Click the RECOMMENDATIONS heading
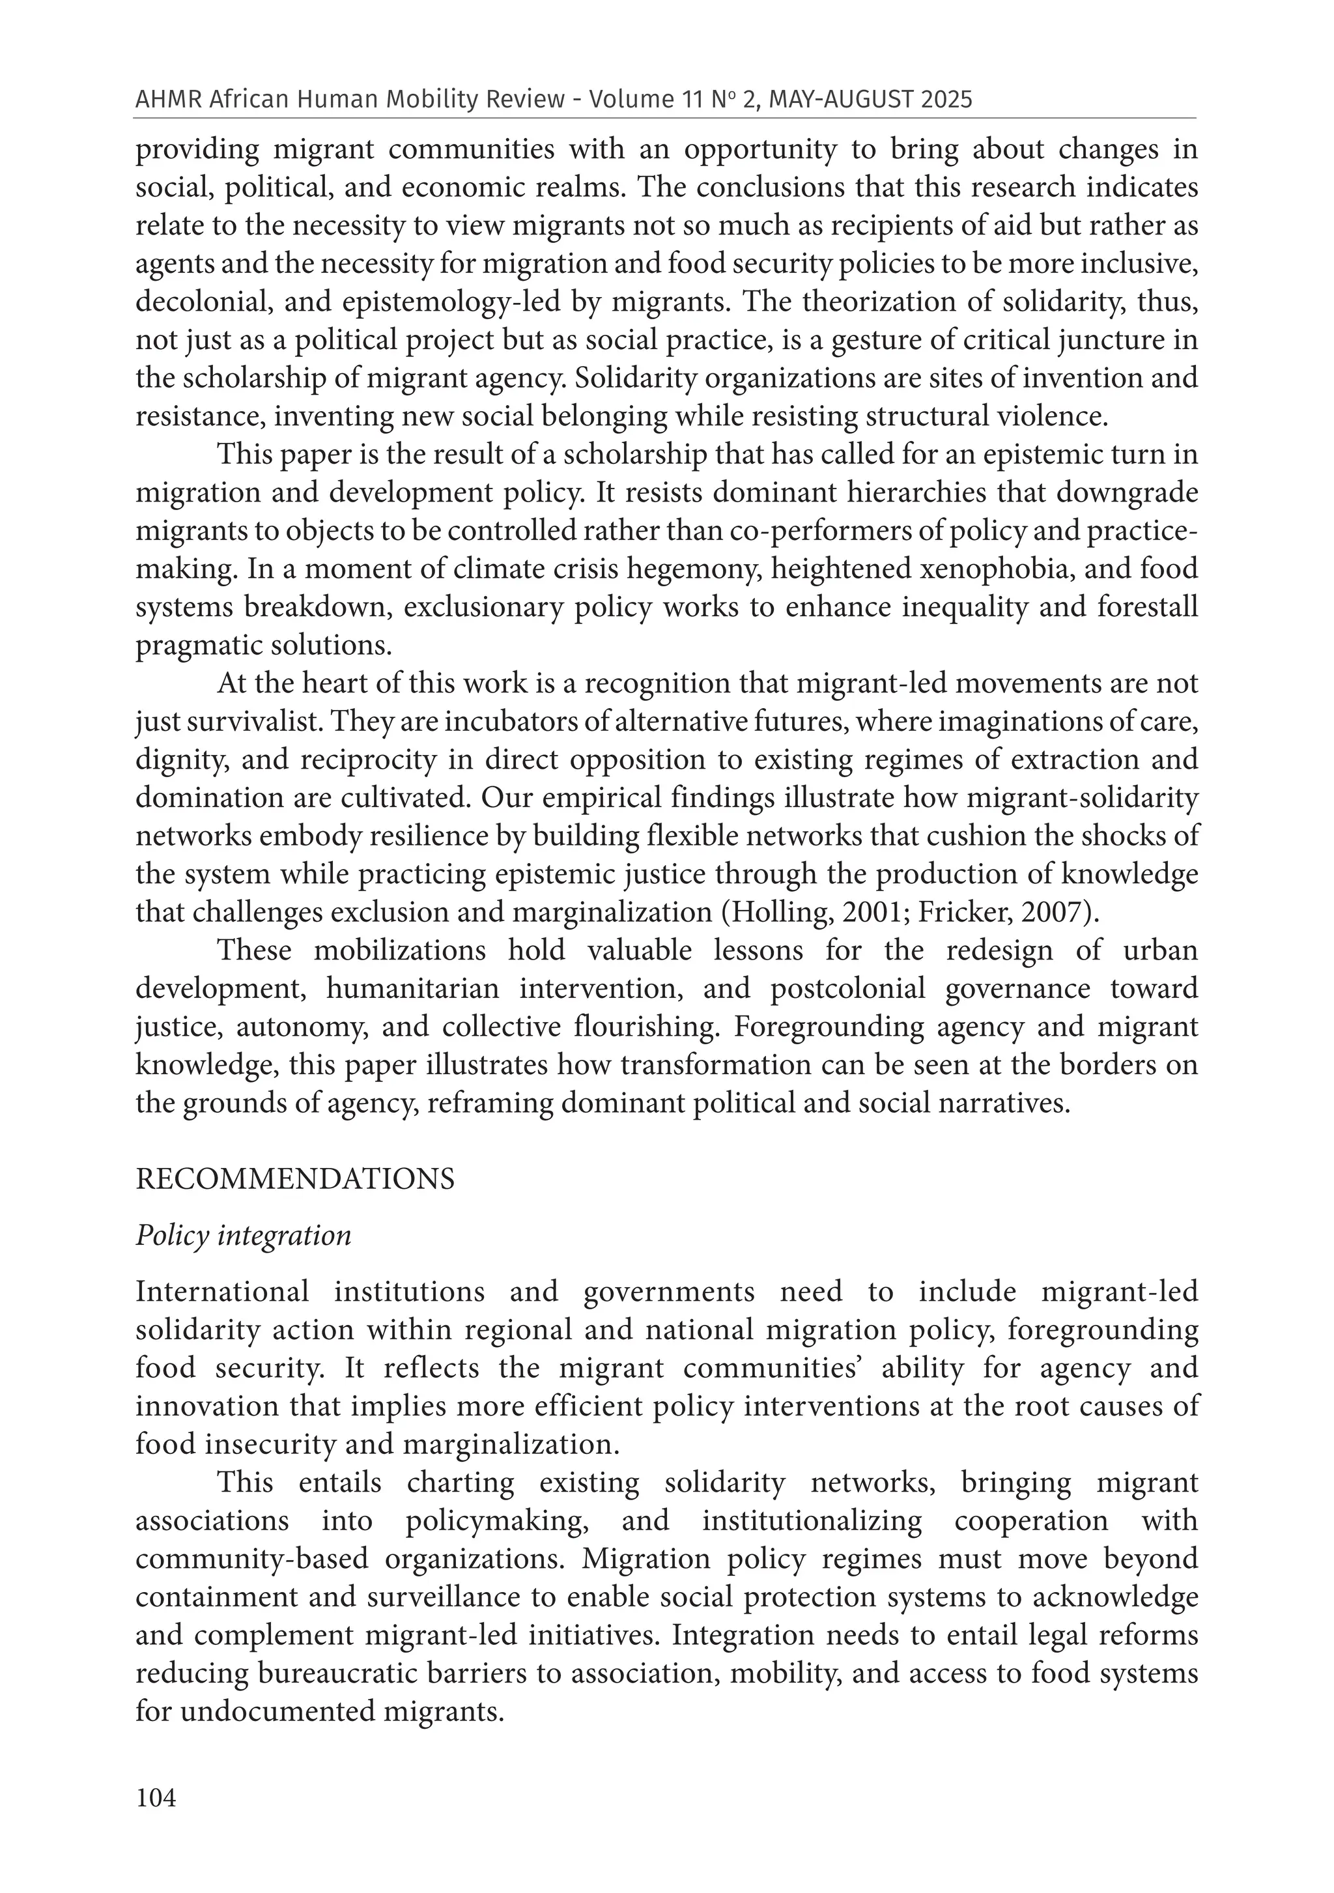[294, 1180]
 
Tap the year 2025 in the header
[943, 100]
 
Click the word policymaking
[497, 1520]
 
